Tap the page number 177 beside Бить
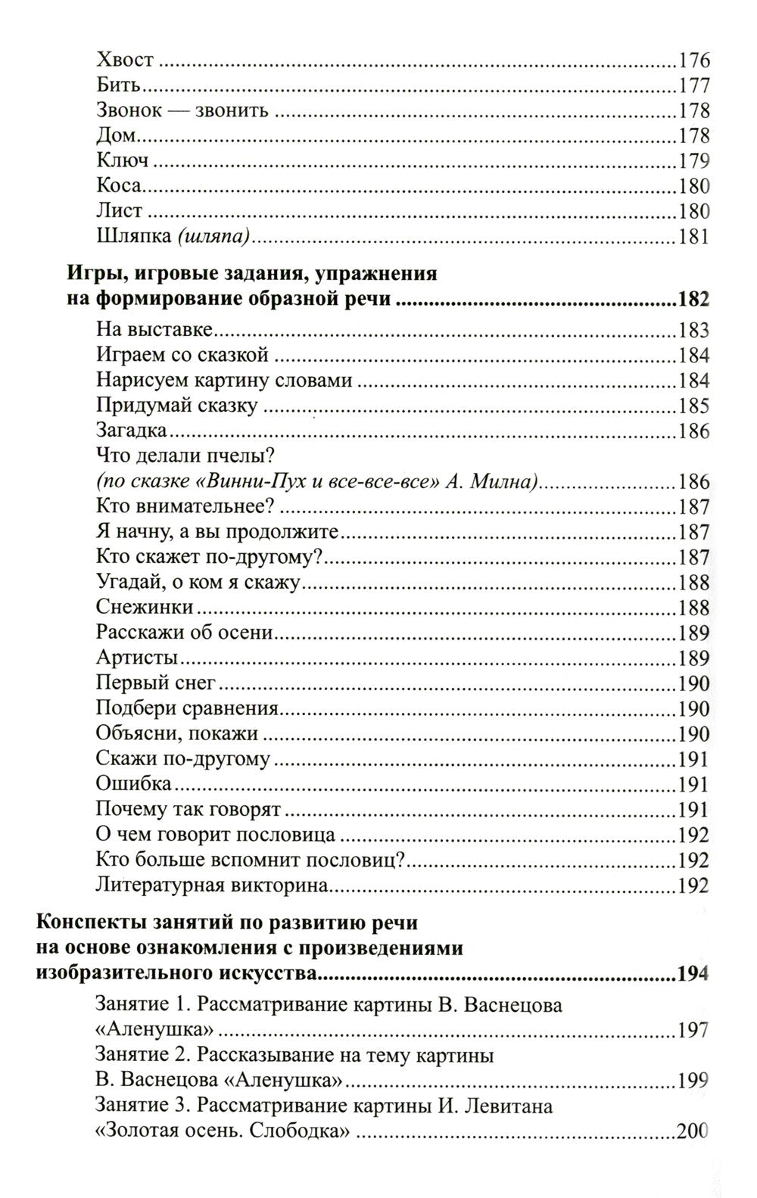pyautogui.click(x=693, y=86)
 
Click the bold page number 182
pyautogui.click(x=693, y=300)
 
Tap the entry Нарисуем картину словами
pyautogui.click(x=225, y=381)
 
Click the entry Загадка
pyautogui.click(x=132, y=432)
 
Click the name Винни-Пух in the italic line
pyautogui.click(x=250, y=482)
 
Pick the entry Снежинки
pyautogui.click(x=145, y=608)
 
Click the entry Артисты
pyautogui.click(x=137, y=658)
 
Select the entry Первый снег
pyautogui.click(x=156, y=683)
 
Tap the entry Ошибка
pyautogui.click(x=134, y=784)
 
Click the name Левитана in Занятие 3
pyautogui.click(x=506, y=1106)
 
